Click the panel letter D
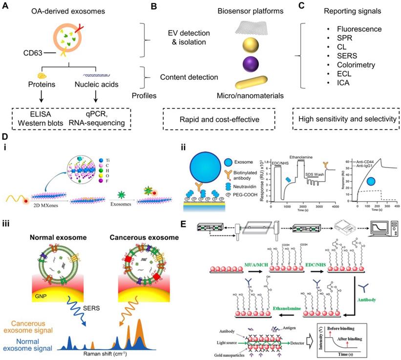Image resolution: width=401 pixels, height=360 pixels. [x=5, y=139]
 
